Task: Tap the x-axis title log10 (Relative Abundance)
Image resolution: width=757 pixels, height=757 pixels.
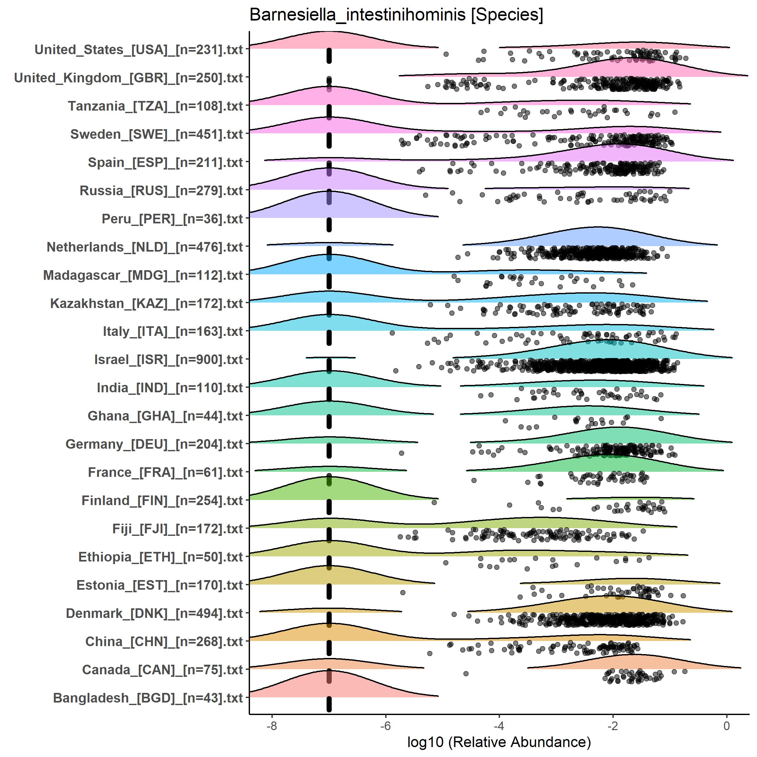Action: click(499, 742)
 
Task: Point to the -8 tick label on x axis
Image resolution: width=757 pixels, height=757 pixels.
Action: click(271, 726)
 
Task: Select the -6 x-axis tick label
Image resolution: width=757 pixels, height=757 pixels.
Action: click(386, 726)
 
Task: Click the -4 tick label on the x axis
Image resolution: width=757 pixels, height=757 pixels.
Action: click(499, 726)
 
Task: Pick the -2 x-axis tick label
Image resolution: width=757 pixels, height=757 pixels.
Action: click(612, 726)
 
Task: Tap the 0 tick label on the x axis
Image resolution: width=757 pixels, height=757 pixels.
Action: click(727, 726)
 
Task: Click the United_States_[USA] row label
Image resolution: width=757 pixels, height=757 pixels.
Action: click(139, 50)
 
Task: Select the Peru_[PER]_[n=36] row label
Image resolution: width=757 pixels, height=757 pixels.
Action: click(172, 219)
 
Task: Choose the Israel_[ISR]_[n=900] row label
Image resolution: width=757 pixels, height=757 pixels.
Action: click(169, 360)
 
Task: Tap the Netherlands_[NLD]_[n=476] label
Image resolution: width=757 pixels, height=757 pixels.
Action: click(145, 247)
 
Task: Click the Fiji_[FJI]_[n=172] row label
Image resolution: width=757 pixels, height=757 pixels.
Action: click(178, 529)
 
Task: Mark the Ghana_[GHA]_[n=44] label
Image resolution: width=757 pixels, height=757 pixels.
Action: click(165, 416)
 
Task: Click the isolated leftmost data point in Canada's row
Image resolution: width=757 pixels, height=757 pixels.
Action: click(466, 674)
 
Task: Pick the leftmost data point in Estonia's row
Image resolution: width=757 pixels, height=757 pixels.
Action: click(403, 593)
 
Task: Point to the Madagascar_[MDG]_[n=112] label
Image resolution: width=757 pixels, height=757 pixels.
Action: click(143, 275)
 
